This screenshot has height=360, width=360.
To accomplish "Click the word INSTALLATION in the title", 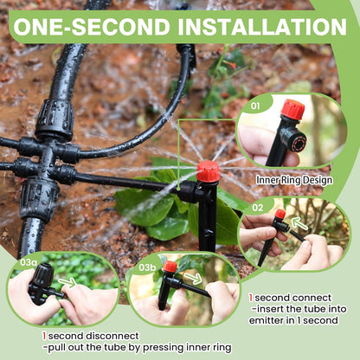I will [x=260, y=27].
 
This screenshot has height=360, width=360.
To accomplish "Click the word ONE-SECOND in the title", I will [x=90, y=27].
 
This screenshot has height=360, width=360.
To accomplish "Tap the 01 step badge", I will [x=254, y=106].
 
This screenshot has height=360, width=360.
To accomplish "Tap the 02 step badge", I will [x=257, y=209].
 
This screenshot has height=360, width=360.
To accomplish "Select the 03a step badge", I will [x=29, y=260].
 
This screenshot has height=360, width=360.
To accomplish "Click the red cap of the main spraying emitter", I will [x=208, y=171].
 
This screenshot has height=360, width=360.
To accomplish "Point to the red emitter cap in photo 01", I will [x=292, y=110].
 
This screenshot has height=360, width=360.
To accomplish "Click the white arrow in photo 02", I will [x=298, y=223].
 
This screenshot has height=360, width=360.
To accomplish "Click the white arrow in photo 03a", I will [x=67, y=281].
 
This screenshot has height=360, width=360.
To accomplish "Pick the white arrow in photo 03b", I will [x=193, y=279].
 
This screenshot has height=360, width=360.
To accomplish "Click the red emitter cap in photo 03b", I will [x=170, y=267].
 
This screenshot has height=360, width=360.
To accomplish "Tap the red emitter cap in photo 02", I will [x=280, y=214].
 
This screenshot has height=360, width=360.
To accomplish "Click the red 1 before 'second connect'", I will [x=251, y=297].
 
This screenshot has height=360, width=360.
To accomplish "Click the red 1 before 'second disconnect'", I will [x=44, y=335].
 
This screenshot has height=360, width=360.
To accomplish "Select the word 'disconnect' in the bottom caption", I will [x=112, y=336].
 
